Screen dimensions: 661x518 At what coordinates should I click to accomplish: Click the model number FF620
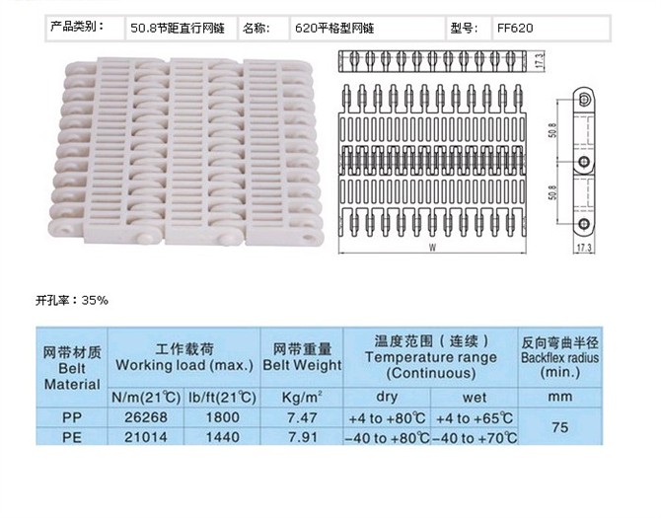(515, 29)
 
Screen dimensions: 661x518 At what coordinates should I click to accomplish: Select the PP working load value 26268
(146, 417)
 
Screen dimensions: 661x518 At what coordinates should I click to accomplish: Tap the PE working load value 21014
(146, 437)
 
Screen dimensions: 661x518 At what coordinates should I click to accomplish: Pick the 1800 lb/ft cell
(222, 417)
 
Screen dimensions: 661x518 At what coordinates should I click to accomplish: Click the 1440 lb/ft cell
(222, 437)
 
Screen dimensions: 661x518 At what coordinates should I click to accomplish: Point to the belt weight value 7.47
(302, 417)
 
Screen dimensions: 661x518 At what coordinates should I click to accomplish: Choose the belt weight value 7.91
(302, 437)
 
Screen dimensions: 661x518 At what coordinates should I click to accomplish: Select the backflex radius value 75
(559, 427)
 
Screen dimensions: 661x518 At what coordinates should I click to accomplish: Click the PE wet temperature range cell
(475, 438)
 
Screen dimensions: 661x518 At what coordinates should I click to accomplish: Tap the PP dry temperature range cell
(387, 418)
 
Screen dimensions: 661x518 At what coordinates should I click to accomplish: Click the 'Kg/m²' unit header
(302, 397)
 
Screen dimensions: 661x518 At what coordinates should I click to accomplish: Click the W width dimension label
(432, 248)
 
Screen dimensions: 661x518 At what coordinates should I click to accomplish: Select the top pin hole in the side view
(584, 100)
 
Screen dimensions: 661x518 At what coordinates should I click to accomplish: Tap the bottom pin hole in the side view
(584, 223)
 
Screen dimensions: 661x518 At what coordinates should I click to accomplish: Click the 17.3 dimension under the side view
(584, 248)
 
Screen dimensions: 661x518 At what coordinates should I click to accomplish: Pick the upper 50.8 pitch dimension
(552, 130)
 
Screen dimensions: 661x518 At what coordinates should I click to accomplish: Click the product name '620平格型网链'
(334, 29)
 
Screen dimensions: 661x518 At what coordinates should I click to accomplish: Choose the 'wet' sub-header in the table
(475, 397)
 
